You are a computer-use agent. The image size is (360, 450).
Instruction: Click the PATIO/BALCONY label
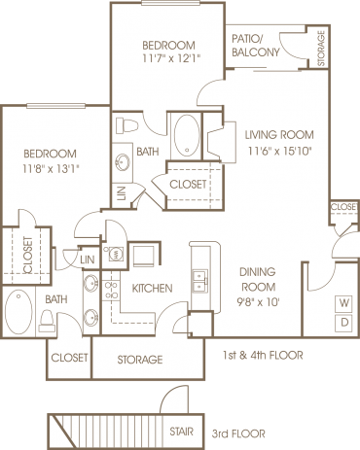point(257,46)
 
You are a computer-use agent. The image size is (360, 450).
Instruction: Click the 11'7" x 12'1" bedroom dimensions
point(168,60)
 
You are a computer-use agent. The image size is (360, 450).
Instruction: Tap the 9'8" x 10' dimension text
point(258,302)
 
